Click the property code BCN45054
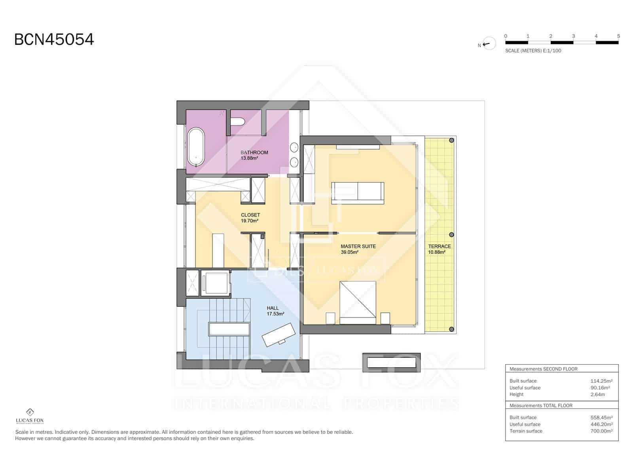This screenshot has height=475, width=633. (x=54, y=40)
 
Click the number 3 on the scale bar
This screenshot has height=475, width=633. (x=573, y=36)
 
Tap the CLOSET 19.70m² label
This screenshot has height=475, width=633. (x=250, y=218)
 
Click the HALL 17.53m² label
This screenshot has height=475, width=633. (x=275, y=311)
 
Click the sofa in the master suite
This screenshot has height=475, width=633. (x=358, y=192)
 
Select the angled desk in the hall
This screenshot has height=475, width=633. (x=279, y=334)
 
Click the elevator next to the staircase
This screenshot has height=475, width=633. (x=215, y=283)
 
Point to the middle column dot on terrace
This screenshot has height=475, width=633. (x=451, y=235)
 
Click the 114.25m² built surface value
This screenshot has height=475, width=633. (x=600, y=381)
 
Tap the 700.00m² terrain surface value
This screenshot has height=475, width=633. (x=601, y=431)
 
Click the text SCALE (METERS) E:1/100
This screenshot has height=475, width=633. (x=533, y=51)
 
